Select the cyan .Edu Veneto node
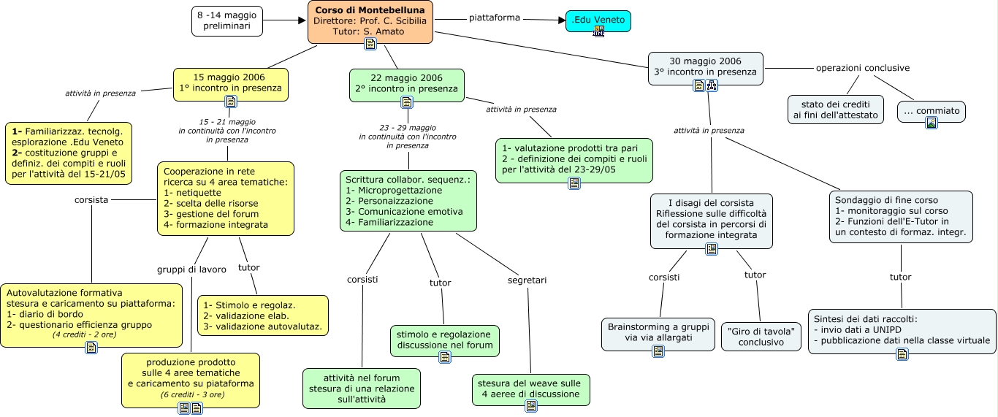[x=598, y=20]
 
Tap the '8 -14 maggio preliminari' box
[x=227, y=20]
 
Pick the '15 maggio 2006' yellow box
[x=230, y=82]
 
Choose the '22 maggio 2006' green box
[x=406, y=83]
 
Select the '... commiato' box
[x=931, y=111]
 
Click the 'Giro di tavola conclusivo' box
[x=761, y=336]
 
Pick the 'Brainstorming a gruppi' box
[x=658, y=332]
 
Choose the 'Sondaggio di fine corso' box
[x=901, y=216]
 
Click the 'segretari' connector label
[x=527, y=280]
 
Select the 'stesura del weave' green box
[x=530, y=389]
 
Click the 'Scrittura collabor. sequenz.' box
[x=408, y=200]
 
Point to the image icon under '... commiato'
[x=931, y=123]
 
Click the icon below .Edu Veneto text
[x=598, y=31]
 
